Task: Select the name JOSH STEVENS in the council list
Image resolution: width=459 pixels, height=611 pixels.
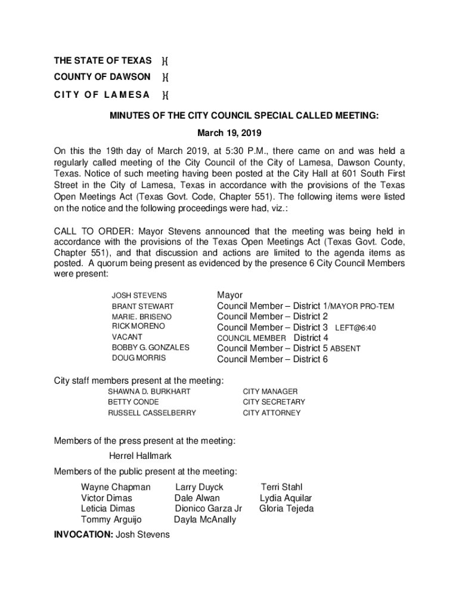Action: (139, 295)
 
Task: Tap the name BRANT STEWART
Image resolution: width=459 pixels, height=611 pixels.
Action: (143, 306)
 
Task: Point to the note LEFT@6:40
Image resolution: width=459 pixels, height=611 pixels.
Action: (355, 328)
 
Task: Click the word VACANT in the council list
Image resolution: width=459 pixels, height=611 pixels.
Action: (127, 337)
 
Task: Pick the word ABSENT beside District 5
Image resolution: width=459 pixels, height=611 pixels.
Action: (345, 348)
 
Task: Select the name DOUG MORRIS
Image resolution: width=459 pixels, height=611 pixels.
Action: (139, 359)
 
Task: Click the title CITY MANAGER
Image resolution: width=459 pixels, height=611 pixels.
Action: (270, 391)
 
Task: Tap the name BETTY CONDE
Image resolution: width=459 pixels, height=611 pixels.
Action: (134, 402)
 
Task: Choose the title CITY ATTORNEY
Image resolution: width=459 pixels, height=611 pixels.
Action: (272, 413)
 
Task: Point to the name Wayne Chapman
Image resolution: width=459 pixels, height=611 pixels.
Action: (116, 487)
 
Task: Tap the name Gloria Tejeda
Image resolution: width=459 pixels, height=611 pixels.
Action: (286, 508)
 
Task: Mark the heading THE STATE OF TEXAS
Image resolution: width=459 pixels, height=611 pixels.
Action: (103, 61)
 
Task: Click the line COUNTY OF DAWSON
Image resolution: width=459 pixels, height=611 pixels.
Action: (102, 77)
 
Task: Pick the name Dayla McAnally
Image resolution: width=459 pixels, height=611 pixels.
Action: (205, 519)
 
